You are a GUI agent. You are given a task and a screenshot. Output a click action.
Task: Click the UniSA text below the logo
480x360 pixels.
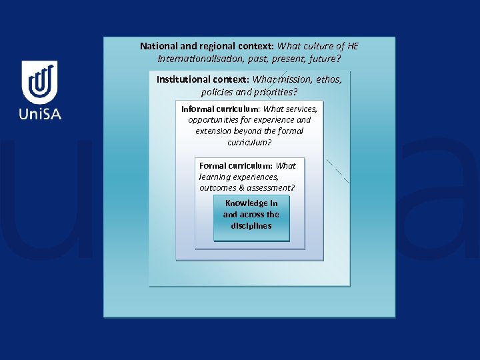coord(40,114)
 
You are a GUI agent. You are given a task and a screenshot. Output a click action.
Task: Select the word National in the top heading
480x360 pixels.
coord(159,47)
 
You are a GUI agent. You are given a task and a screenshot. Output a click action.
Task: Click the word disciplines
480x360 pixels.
coord(251,226)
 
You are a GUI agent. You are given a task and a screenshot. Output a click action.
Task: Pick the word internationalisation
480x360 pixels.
coord(201,59)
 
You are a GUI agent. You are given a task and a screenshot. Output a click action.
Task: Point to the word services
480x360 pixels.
coord(301,109)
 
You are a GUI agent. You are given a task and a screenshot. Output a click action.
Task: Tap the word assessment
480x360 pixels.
coord(271,188)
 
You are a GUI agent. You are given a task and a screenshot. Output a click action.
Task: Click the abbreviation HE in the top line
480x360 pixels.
coord(353,47)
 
